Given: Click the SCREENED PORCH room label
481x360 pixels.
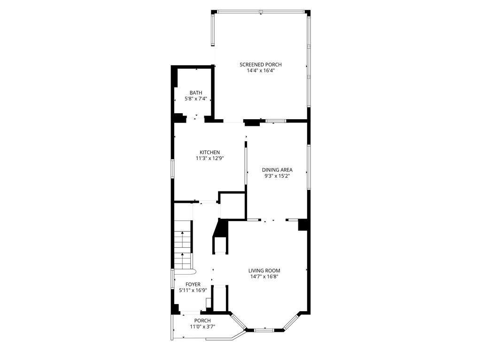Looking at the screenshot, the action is (x=260, y=65).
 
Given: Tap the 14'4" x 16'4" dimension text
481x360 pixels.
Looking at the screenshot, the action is (x=260, y=70).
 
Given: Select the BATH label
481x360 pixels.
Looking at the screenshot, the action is (x=196, y=93).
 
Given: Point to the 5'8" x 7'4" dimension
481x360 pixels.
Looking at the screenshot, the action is (x=196, y=99).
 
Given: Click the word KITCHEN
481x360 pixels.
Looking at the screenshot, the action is (x=209, y=153).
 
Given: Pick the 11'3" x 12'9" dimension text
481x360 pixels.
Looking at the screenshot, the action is (x=209, y=159).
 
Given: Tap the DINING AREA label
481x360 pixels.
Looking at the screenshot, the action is (x=277, y=170).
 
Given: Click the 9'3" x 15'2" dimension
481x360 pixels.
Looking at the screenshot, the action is (x=277, y=176).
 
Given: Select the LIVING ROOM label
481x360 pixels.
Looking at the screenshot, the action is (x=264, y=271).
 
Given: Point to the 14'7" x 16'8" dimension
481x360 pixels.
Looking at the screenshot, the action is (x=264, y=276).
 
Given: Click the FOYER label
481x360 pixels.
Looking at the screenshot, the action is (x=193, y=284).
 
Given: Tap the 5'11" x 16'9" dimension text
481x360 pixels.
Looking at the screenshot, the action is (x=193, y=291).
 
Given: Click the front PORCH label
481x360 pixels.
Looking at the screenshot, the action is (x=202, y=321).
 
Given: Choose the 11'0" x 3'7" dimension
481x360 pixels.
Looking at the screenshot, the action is (x=202, y=327).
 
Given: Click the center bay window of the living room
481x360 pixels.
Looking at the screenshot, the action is (x=264, y=330).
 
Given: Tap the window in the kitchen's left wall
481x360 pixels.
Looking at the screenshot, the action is (x=172, y=169).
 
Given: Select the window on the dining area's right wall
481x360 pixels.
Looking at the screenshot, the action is (x=309, y=166).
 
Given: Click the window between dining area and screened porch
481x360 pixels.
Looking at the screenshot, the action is (x=276, y=121).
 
